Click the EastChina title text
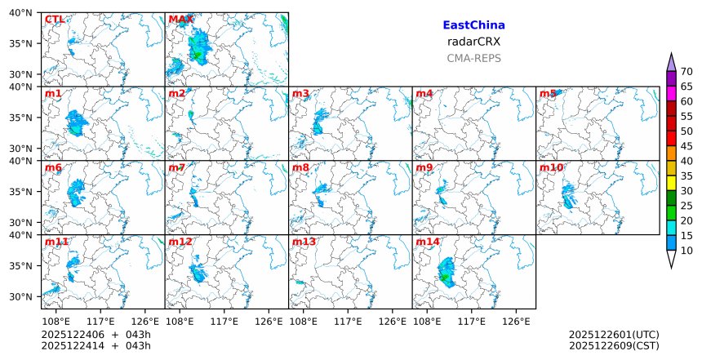tap(473, 25)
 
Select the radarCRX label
tap(473, 42)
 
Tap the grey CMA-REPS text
tap(473, 58)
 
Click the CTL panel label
tap(55, 20)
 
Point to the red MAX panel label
tap(180, 20)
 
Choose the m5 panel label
tap(548, 94)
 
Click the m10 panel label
tap(551, 168)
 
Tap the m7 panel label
tap(177, 168)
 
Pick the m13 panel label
tap(304, 242)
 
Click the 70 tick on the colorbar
tap(686, 72)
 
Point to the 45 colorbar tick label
tap(686, 146)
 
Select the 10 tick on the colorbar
tap(686, 251)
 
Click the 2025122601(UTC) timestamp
tap(614, 335)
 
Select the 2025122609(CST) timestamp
tap(614, 346)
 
